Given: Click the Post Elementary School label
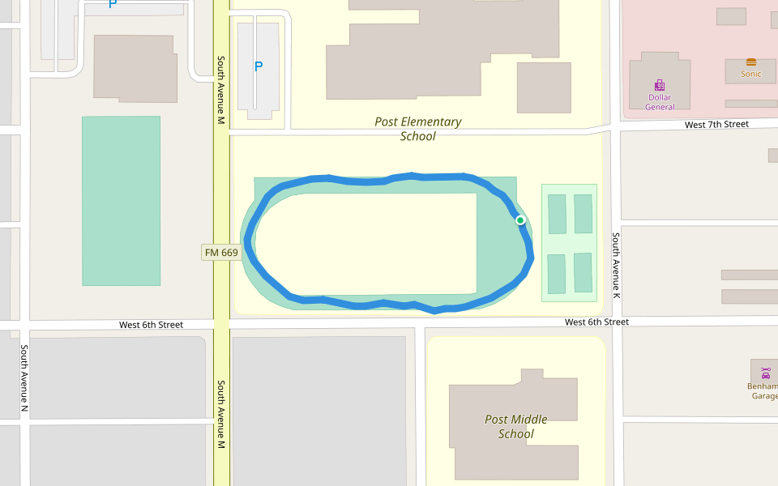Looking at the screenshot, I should (418, 129).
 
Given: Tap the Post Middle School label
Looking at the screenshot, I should (516, 426).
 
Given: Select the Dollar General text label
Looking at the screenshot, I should (660, 102).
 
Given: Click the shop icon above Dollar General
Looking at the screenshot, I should (660, 85).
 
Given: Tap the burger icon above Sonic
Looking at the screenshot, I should (751, 62).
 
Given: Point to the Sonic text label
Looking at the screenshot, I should (751, 74).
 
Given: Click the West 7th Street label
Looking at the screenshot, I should (716, 125).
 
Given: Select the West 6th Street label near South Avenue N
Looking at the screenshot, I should (151, 325).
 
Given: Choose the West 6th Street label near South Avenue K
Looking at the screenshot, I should (596, 322).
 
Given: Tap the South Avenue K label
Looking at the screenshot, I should (616, 264).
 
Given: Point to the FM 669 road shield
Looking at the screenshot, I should (221, 253).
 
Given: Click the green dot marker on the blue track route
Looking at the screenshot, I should (520, 220).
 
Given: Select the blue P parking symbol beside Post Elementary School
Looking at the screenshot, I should (259, 66).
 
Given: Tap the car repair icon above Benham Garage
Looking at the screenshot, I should (765, 373).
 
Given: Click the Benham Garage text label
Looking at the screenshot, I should (763, 391).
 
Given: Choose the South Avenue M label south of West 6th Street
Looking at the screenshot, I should (220, 414).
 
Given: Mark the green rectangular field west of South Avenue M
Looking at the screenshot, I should (121, 201).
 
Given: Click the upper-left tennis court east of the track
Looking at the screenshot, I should (557, 214).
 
